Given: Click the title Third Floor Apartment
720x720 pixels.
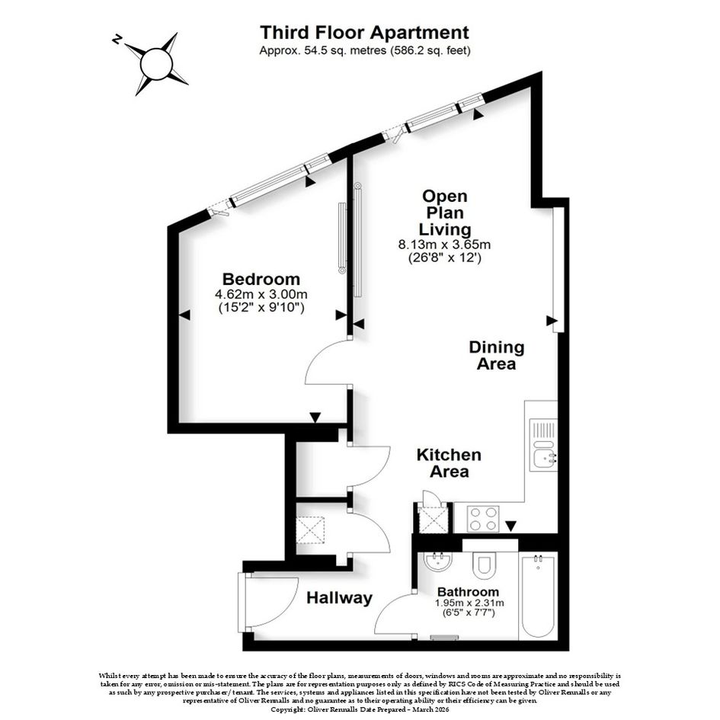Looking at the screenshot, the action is (x=364, y=33).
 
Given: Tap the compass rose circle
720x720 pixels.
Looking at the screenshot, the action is (x=156, y=64).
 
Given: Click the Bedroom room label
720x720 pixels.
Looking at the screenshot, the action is (x=261, y=279).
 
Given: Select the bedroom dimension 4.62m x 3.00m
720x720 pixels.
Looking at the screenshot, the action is (x=261, y=294).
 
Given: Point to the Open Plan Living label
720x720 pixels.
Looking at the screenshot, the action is (x=444, y=213).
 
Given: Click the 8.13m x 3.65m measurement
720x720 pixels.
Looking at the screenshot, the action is (x=444, y=245).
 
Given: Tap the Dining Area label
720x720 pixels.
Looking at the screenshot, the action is (x=496, y=355).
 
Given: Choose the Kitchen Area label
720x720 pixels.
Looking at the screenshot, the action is (x=449, y=463).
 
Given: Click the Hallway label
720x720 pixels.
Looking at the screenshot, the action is (x=339, y=598).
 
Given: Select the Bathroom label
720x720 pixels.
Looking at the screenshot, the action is (x=468, y=592).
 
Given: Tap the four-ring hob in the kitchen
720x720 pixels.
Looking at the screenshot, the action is (x=482, y=518).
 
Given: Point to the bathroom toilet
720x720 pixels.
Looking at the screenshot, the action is (x=484, y=565).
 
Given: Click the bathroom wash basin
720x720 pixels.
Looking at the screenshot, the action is (x=437, y=561).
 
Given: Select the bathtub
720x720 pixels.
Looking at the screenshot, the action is (x=538, y=596).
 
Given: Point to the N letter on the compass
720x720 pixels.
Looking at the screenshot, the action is (x=117, y=40).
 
